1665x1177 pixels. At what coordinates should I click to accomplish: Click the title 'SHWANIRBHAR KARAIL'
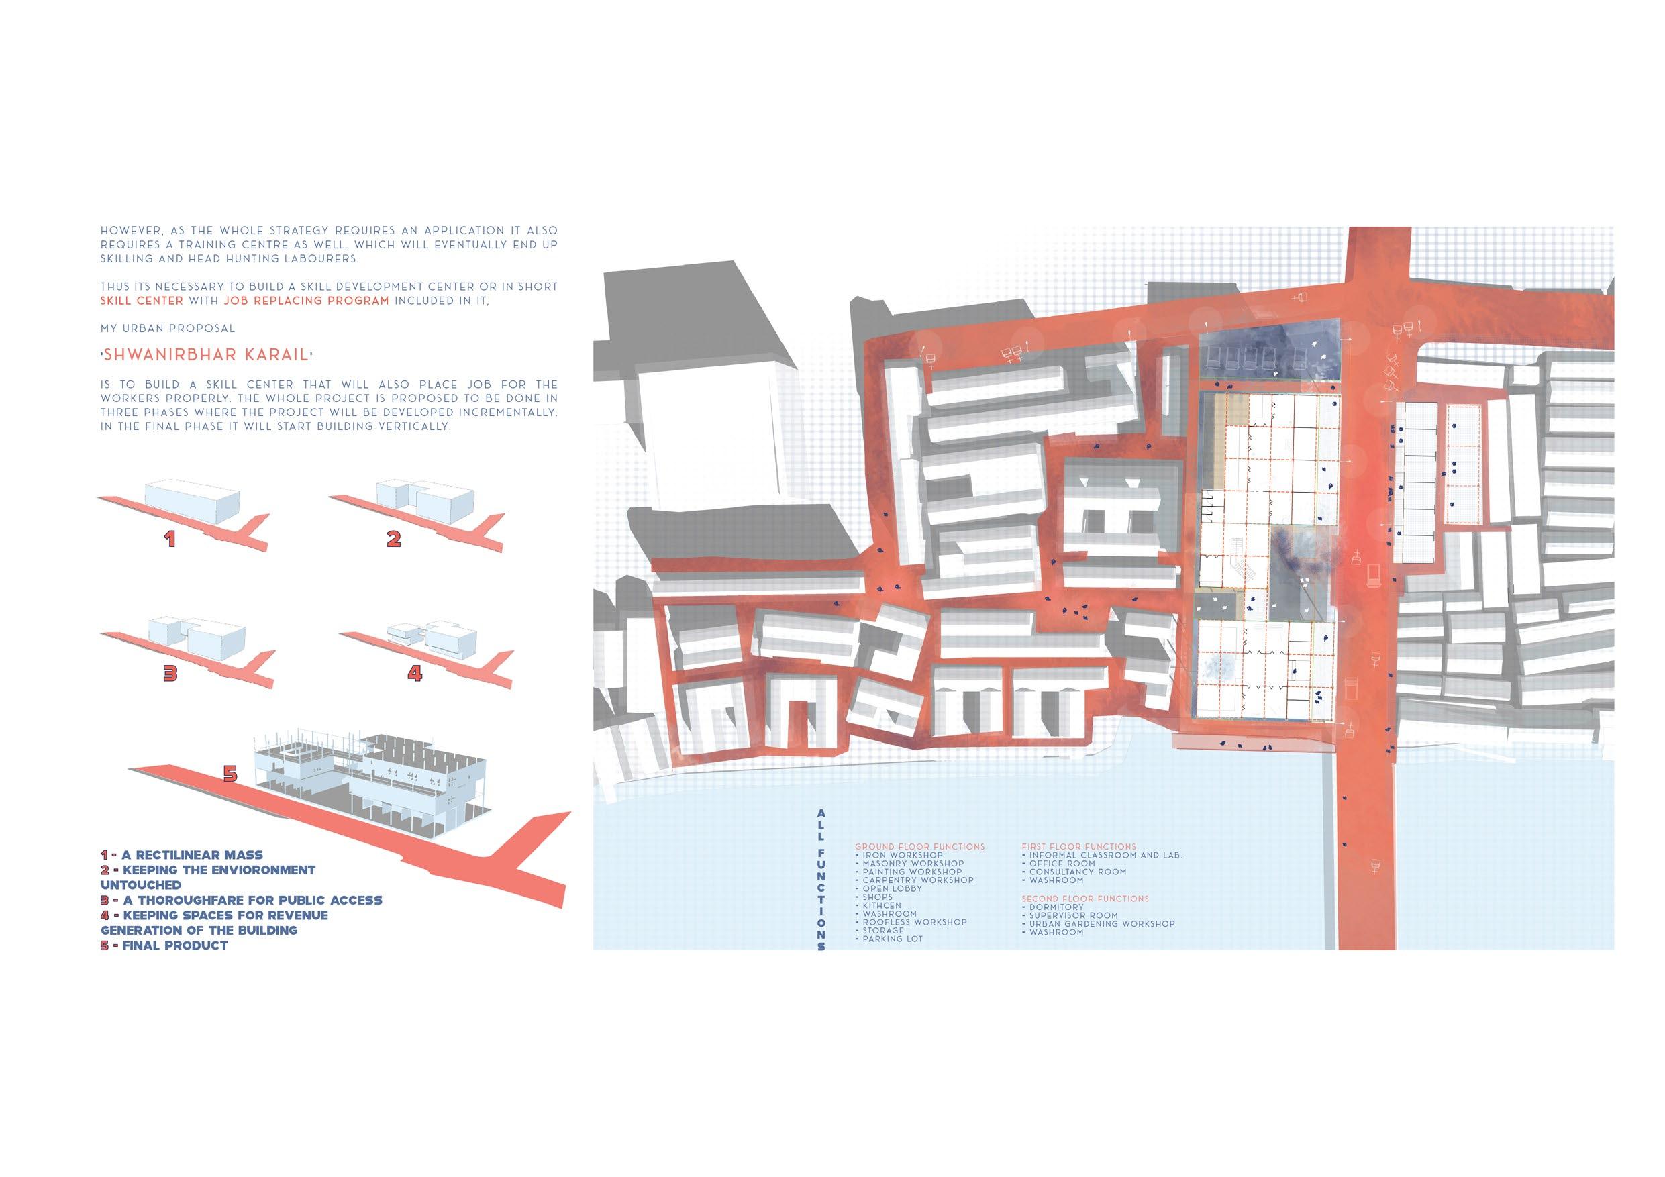click(x=207, y=356)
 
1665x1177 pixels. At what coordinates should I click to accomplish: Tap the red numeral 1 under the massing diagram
click(x=170, y=539)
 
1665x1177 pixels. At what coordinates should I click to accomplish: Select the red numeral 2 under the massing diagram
click(x=394, y=539)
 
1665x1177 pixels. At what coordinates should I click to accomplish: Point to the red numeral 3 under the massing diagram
click(x=170, y=674)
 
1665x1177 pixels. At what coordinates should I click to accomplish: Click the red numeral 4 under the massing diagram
click(x=414, y=674)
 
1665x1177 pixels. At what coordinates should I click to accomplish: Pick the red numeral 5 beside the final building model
click(x=230, y=774)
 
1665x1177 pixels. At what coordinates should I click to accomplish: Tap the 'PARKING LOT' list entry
click(x=892, y=938)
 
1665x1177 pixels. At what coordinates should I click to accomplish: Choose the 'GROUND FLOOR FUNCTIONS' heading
click(x=919, y=846)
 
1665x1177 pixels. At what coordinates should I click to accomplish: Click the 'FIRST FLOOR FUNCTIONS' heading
click(x=1079, y=846)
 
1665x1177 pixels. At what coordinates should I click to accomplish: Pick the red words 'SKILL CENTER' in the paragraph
click(x=142, y=300)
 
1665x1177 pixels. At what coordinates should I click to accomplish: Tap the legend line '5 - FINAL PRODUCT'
click(x=164, y=945)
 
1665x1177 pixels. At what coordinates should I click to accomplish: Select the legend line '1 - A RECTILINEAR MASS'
click(x=182, y=855)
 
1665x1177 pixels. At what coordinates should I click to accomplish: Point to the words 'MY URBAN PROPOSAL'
click(x=168, y=329)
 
